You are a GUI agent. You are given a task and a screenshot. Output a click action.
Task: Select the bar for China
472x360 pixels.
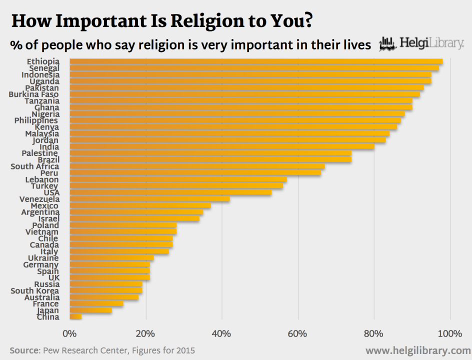click(75, 317)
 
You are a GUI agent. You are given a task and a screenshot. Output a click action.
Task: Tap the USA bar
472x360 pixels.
click(170, 192)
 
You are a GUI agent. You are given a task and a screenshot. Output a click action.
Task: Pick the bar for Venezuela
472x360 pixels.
click(149, 199)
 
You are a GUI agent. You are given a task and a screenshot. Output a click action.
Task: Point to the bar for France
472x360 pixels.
click(96, 303)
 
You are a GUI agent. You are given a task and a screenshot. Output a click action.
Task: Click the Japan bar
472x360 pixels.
click(90, 310)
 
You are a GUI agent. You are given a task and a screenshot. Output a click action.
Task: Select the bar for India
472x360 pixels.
click(222, 147)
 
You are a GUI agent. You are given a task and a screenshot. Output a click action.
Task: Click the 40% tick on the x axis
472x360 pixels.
click(221, 333)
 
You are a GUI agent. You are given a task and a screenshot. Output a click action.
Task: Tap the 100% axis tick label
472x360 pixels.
click(450, 333)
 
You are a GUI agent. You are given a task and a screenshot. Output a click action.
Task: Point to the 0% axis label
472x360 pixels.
click(69, 333)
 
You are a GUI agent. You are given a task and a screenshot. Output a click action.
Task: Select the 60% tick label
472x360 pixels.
click(298, 333)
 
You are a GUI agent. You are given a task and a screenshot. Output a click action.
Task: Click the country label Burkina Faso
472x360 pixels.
click(34, 94)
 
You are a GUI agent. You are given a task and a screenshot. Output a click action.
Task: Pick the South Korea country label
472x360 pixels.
click(34, 290)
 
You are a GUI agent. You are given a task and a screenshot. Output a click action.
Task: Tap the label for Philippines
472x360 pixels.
click(36, 120)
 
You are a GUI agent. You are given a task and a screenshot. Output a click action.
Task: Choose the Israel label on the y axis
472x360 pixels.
click(48, 218)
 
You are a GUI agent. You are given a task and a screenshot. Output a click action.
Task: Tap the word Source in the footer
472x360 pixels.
click(24, 350)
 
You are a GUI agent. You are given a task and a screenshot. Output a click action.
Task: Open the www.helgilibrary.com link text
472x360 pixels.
click(418, 350)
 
